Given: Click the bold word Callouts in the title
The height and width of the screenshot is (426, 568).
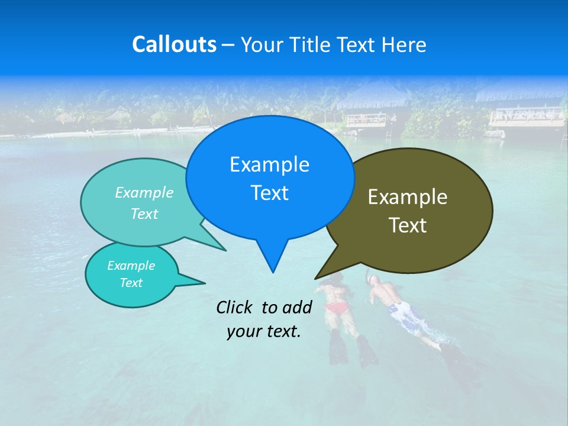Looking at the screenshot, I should coord(174,44).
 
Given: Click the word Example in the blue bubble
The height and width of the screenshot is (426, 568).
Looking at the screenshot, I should coord(269,164).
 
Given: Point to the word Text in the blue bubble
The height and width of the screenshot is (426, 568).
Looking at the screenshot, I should coord(269,193).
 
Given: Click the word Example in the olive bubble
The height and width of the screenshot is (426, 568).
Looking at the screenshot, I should coord(408,197).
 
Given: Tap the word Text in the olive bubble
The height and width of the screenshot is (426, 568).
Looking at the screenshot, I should coord(408,225).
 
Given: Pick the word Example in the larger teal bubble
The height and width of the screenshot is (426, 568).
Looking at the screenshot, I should coord(144,192).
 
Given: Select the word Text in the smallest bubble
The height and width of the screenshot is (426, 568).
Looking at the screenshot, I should coord(131,283).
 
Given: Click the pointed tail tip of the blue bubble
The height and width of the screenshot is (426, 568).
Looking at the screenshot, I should coord(273,272).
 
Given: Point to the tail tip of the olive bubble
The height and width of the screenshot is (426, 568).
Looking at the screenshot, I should coord(315,278).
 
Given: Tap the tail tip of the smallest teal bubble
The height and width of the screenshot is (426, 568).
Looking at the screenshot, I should coord(205,283).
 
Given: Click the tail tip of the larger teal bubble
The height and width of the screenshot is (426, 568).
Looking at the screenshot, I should coord(226,250).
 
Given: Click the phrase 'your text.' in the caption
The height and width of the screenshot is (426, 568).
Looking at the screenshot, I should coord(264,331).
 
